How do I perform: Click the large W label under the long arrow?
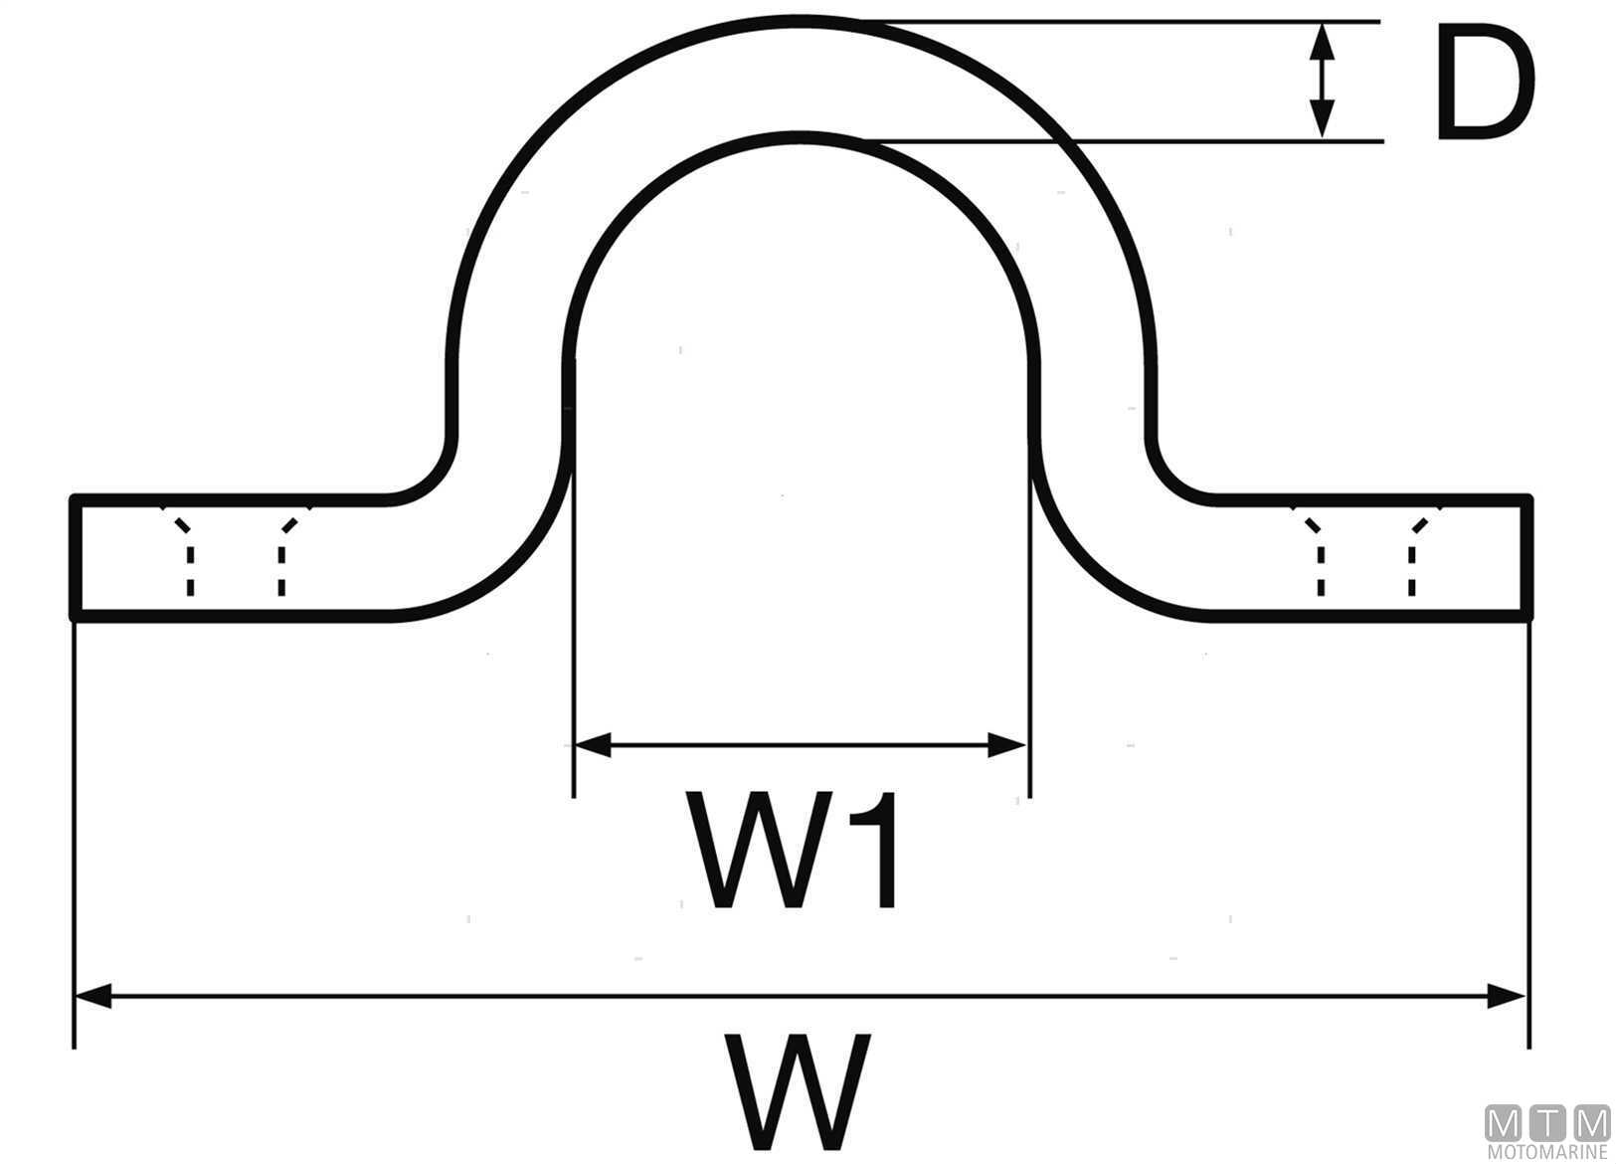pyautogui.click(x=799, y=1089)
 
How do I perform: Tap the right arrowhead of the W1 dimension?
pyautogui.click(x=1006, y=744)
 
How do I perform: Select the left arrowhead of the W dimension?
pyautogui.click(x=93, y=996)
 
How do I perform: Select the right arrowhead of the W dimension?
pyautogui.click(x=1507, y=996)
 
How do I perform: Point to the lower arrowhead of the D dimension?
pyautogui.click(x=1321, y=120)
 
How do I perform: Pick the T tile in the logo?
pyautogui.click(x=1547, y=1123)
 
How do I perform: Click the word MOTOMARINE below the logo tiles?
pyautogui.click(x=1547, y=1153)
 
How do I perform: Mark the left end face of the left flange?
pyautogui.click(x=73, y=557)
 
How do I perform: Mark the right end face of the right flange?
pyautogui.click(x=1528, y=557)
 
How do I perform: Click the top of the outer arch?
pyautogui.click(x=801, y=20)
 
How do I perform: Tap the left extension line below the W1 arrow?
pyautogui.click(x=573, y=776)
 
